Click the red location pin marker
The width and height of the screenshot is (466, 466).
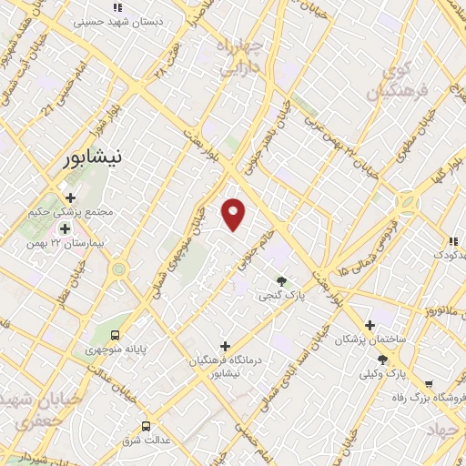coord(234,213)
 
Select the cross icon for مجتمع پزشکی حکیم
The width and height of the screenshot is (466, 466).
coord(71,197)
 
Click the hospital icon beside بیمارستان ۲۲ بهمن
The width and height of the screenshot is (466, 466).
coord(65,228)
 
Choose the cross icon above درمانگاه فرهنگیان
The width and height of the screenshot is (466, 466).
coord(225,346)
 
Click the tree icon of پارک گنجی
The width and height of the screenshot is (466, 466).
coord(281,281)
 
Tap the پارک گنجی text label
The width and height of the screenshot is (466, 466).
coord(278,296)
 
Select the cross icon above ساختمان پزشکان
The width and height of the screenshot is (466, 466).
coord(369,325)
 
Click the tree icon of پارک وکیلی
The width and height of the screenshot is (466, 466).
coord(382,360)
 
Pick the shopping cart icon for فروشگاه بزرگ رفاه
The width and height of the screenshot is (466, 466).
coord(428,384)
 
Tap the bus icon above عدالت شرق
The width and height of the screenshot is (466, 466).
coord(147,425)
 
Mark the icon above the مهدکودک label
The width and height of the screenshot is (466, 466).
coord(451,241)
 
